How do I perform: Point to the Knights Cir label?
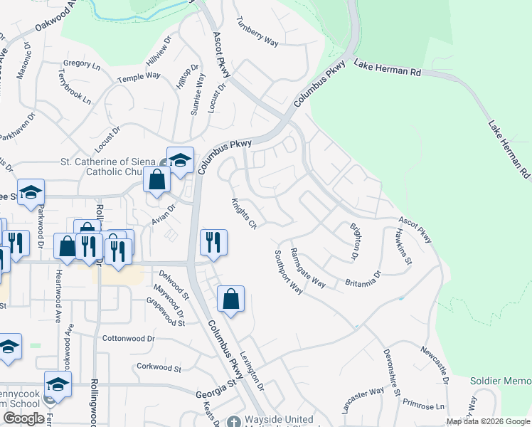(244, 214)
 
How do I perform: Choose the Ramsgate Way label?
(308, 268)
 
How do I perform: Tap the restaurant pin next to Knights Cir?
(213, 241)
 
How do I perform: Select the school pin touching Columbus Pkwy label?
(180, 159)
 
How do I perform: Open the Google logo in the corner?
(23, 418)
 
